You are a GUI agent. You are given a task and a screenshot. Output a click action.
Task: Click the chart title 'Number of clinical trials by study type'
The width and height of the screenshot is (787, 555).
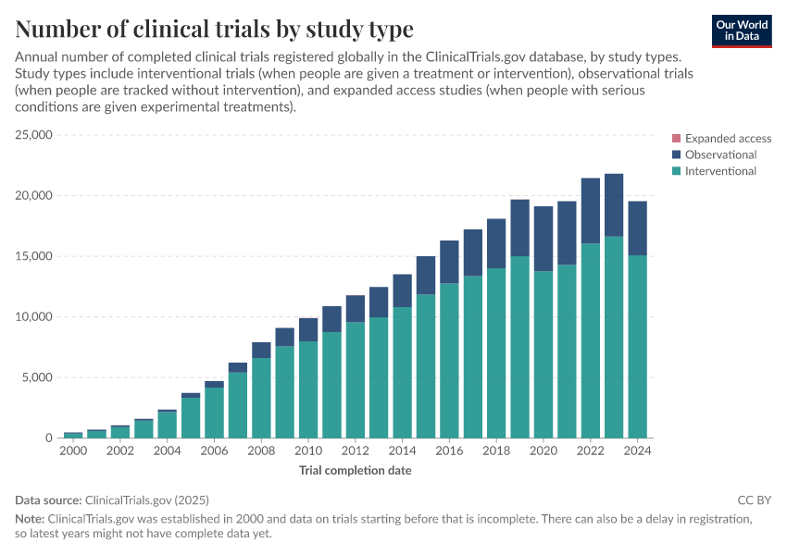[214, 29]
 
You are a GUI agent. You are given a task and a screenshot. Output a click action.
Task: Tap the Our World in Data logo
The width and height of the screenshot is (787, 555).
[742, 31]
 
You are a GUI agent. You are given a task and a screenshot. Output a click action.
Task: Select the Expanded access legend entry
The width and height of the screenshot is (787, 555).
[728, 139]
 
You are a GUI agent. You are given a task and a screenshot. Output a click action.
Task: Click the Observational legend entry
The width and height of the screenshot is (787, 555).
[720, 154]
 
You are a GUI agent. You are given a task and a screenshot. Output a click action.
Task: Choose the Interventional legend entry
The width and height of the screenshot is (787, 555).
[720, 171]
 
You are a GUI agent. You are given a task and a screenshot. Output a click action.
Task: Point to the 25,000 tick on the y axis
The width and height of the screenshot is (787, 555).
[33, 135]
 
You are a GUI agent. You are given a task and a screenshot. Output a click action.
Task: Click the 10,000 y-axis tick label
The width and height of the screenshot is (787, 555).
[33, 317]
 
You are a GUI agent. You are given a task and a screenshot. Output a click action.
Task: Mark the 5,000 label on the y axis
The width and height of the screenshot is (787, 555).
[37, 377]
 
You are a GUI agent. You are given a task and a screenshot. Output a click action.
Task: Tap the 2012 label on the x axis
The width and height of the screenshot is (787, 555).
[355, 450]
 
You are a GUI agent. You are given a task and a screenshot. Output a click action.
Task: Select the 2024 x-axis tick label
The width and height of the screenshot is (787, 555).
[637, 450]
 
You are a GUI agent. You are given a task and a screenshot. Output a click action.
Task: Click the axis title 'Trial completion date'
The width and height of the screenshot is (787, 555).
[355, 471]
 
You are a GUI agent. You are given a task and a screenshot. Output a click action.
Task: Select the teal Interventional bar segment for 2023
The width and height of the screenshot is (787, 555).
[614, 338]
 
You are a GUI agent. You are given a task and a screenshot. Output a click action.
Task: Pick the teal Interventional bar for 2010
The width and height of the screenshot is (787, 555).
[307, 389]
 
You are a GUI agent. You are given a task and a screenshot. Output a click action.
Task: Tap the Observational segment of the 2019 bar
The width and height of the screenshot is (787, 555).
[519, 228]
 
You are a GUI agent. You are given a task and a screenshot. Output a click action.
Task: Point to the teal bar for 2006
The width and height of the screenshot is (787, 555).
[214, 413]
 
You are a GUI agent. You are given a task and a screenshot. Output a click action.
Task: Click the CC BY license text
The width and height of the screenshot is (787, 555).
[754, 499]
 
